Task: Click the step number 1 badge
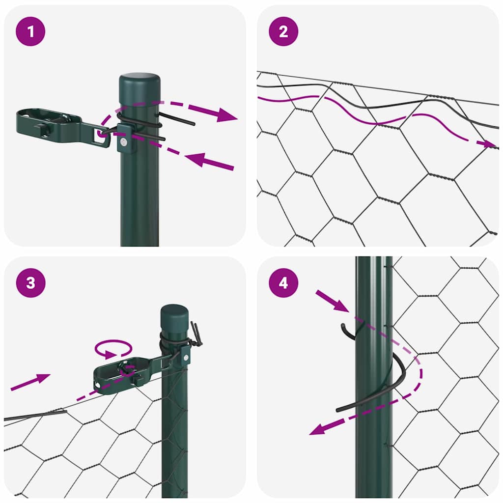30,31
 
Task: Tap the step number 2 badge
283,31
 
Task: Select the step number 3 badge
30,283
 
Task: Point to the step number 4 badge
283,283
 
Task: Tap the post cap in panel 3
174,314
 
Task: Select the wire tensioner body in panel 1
49,123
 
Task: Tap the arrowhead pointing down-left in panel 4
319,430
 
